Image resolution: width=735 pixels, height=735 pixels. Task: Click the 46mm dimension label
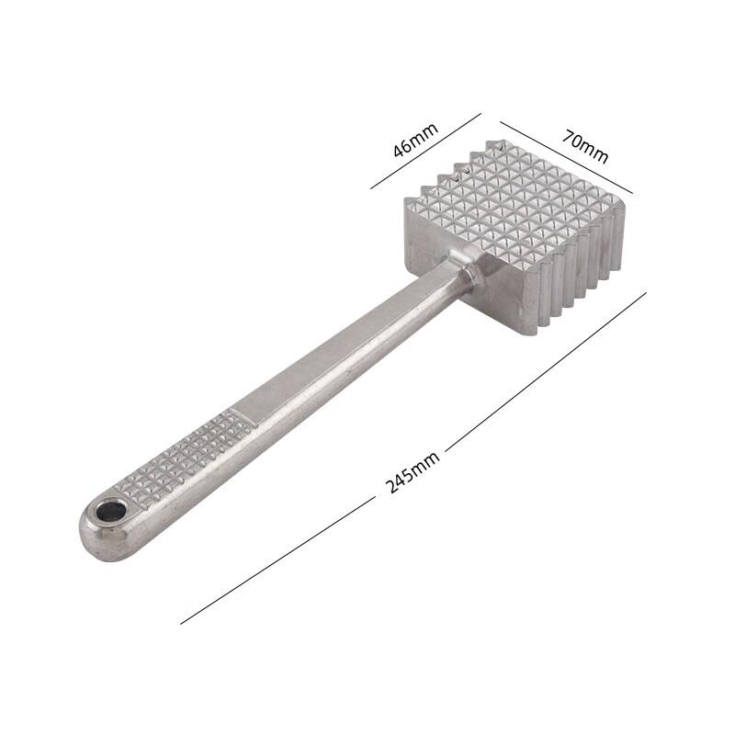[x=415, y=140]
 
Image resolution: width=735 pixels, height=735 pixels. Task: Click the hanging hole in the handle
[x=111, y=512]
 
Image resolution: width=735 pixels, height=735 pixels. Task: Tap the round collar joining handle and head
[x=470, y=273]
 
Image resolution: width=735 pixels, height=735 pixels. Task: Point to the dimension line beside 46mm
[x=426, y=151]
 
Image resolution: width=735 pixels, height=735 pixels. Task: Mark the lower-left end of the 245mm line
[x=182, y=624]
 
